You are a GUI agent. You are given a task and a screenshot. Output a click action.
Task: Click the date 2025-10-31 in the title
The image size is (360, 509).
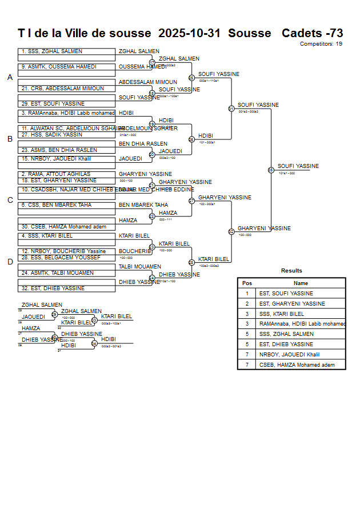coord(189,33)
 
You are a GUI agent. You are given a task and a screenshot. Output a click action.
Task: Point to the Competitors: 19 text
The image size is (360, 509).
coord(321,44)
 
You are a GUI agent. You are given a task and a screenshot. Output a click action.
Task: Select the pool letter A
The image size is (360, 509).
coord(10,78)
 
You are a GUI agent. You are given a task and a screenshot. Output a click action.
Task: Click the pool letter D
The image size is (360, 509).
coord(10,262)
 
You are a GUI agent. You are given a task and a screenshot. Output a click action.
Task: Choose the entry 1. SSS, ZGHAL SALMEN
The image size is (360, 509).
coord(52,51)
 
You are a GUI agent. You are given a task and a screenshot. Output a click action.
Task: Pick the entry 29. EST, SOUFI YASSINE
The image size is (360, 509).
coord(53,104)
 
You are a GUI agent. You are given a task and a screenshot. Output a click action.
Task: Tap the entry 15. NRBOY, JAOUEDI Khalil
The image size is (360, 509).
coord(56,159)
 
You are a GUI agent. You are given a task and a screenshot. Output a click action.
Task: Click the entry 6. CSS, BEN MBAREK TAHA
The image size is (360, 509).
coord(56,205)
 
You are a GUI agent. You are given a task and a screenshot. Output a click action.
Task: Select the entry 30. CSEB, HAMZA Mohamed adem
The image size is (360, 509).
coord(64,227)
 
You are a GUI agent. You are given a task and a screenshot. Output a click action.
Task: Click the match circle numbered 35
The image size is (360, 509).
coord(271,170)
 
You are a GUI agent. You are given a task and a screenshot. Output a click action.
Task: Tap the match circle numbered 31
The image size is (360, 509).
coord(231,109)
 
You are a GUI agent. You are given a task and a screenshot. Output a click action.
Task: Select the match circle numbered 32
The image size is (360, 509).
coord(231,232)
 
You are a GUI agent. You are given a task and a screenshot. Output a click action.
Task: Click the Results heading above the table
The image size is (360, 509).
coord(291,271)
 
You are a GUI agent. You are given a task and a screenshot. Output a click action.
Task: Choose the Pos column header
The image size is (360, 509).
coord(247,283)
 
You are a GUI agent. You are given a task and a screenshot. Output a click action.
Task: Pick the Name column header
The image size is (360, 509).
coord(301,283)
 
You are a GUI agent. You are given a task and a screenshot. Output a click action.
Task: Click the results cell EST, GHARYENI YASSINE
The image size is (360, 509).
coord(292,304)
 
